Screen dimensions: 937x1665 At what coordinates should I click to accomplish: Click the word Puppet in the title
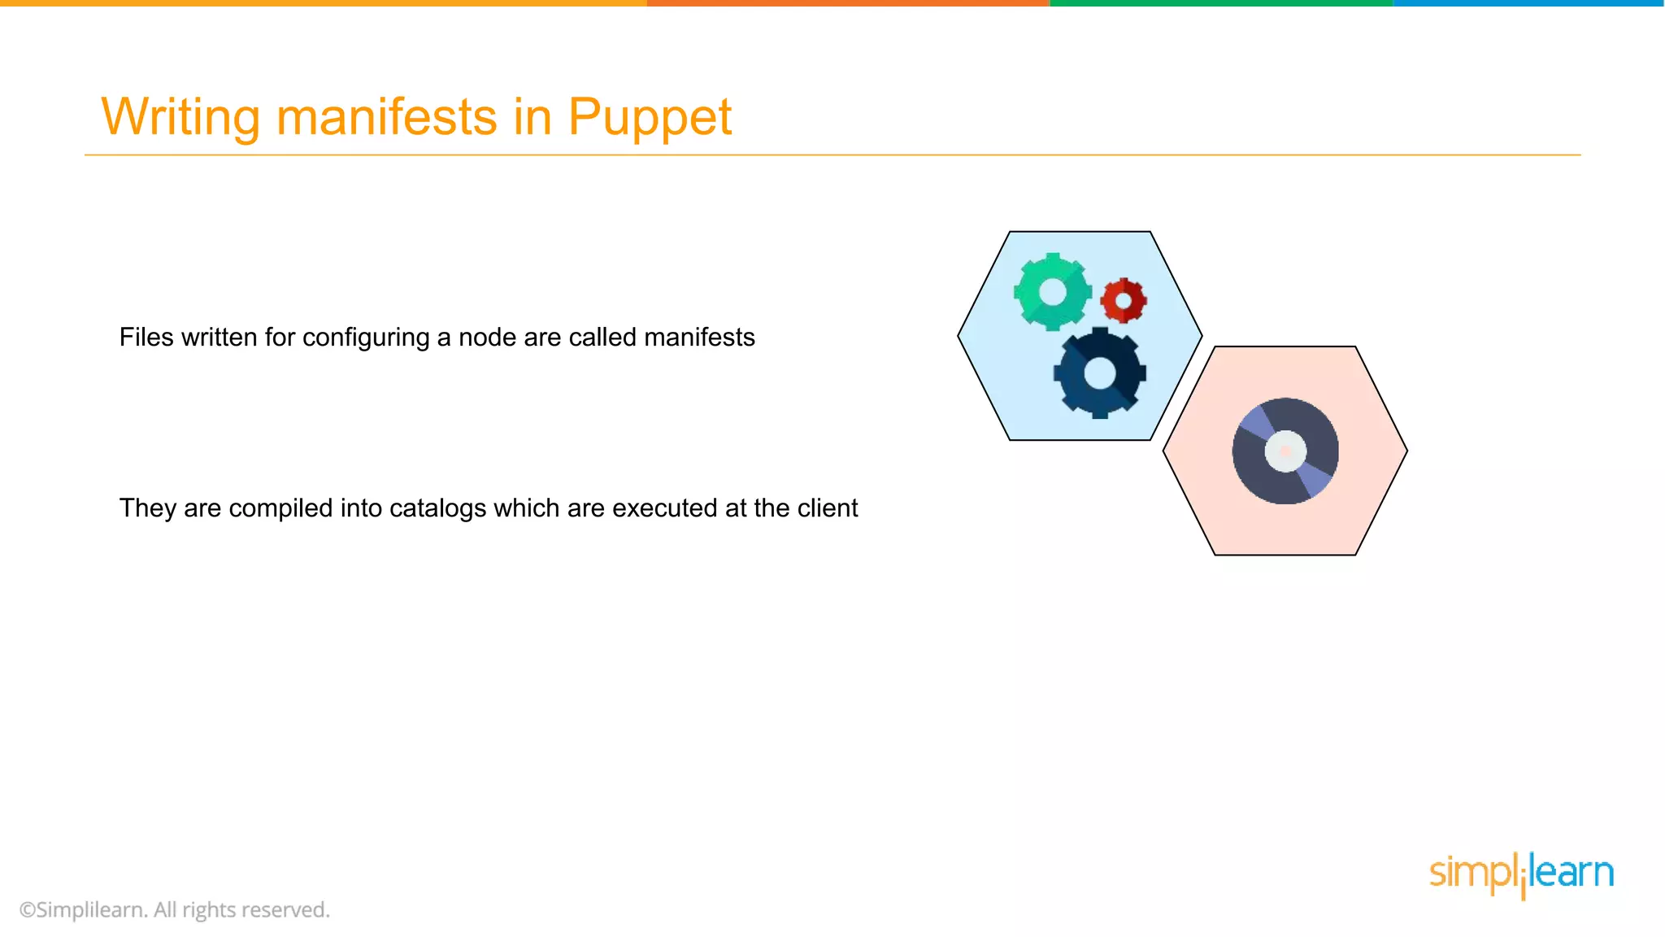tap(649, 118)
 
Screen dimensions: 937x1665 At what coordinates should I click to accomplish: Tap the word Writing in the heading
tap(180, 116)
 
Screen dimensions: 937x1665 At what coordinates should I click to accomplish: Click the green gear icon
tap(1052, 292)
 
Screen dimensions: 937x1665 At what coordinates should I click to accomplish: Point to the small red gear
tap(1124, 301)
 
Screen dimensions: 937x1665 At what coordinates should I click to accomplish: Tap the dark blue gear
tap(1099, 373)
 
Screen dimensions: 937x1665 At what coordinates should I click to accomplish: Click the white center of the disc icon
tap(1285, 451)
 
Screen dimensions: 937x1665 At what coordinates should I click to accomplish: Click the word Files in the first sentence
tap(146, 337)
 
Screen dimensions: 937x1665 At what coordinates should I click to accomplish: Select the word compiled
tap(280, 508)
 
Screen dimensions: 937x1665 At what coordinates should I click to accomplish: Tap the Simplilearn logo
tap(1521, 874)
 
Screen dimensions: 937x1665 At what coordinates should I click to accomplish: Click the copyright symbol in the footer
tap(27, 910)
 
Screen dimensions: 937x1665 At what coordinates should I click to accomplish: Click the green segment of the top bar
tap(1219, 3)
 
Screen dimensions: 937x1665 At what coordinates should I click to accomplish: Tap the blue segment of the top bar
tap(1528, 3)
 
